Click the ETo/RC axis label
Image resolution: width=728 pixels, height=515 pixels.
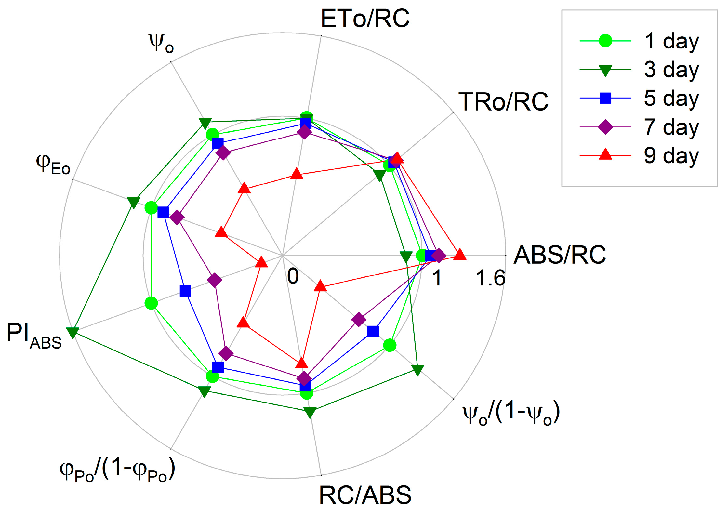point(365,19)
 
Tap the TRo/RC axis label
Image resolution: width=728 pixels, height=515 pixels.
point(503,102)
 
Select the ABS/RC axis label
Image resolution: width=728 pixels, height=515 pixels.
point(560,255)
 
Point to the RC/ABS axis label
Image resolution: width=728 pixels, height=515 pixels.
point(365,495)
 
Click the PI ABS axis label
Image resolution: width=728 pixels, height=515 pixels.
point(34,336)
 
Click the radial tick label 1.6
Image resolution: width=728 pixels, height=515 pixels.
point(490,278)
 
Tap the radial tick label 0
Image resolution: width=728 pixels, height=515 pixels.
point(293,276)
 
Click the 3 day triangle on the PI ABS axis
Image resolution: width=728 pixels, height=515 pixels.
point(73,332)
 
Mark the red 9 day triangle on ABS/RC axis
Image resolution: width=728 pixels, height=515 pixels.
point(459,254)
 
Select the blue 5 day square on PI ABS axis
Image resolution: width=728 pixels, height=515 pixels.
point(185,291)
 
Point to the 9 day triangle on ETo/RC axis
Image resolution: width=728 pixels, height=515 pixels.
point(297,174)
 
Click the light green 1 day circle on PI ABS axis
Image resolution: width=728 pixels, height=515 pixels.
point(151,303)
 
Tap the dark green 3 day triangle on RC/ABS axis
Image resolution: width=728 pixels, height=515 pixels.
point(310,412)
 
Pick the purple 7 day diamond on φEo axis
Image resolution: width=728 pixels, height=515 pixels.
point(177,217)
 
